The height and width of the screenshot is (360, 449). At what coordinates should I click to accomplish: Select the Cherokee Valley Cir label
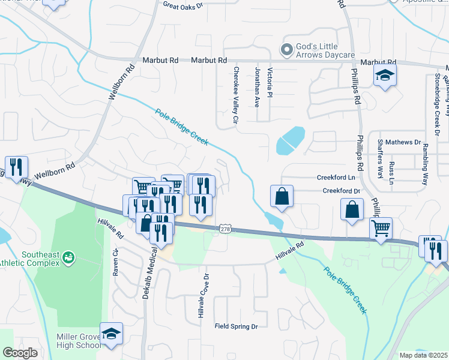point(236,96)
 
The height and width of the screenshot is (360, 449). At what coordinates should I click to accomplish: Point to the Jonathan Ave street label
point(258,87)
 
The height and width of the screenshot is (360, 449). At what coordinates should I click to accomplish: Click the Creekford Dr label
point(341,191)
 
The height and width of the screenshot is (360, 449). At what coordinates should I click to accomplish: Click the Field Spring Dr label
point(236,326)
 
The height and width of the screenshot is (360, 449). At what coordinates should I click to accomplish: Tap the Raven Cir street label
point(116,262)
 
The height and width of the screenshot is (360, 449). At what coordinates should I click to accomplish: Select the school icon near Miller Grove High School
point(111,334)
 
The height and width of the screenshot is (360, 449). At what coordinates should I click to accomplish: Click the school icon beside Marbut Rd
point(384,76)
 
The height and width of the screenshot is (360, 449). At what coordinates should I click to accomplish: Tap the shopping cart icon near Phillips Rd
point(381,228)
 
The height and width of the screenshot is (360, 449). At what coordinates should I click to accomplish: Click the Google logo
point(20,353)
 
